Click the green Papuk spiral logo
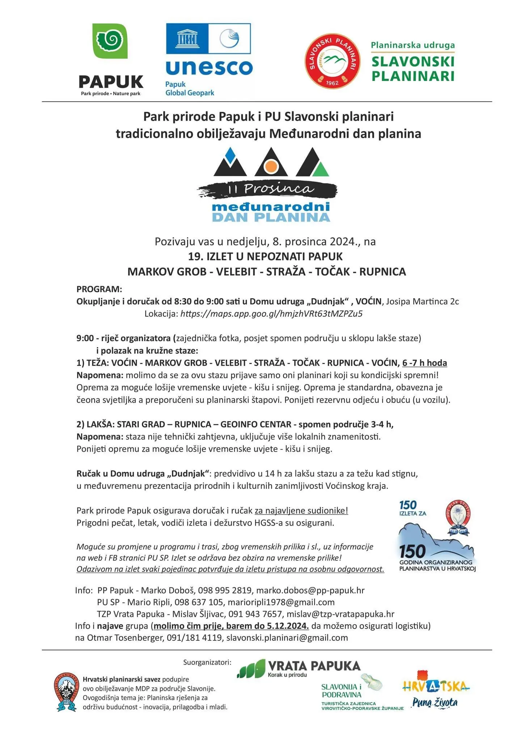click(x=110, y=41)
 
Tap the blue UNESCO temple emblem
click(x=187, y=39)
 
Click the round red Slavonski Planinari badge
click(x=332, y=62)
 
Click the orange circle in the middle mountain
click(x=270, y=167)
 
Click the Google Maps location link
click(x=271, y=314)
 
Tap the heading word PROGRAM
click(x=99, y=289)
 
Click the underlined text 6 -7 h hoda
click(x=424, y=363)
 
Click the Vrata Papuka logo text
click(x=314, y=666)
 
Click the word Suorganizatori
click(x=207, y=662)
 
